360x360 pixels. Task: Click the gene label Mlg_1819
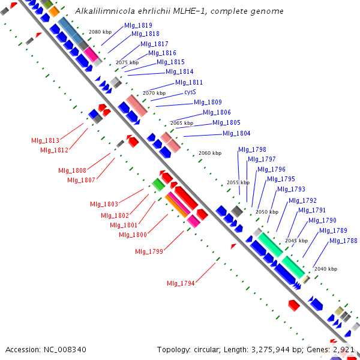[x=138, y=25]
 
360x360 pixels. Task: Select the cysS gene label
[x=190, y=92]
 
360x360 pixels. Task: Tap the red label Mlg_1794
[x=181, y=283]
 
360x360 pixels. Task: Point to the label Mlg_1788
[x=343, y=241]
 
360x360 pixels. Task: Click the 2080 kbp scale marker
[x=100, y=32]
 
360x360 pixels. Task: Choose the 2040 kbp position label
[x=326, y=269]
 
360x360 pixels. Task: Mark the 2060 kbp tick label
[x=209, y=154]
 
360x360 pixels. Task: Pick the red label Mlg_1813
[x=46, y=140]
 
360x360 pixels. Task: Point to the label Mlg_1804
[x=236, y=133]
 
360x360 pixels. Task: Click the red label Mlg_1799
[x=149, y=251]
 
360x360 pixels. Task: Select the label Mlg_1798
[x=252, y=149]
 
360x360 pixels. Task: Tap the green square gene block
[x=158, y=184]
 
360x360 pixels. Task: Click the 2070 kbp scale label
[x=154, y=93]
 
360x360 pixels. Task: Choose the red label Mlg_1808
[x=73, y=170]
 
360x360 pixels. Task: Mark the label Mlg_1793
[x=291, y=189]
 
